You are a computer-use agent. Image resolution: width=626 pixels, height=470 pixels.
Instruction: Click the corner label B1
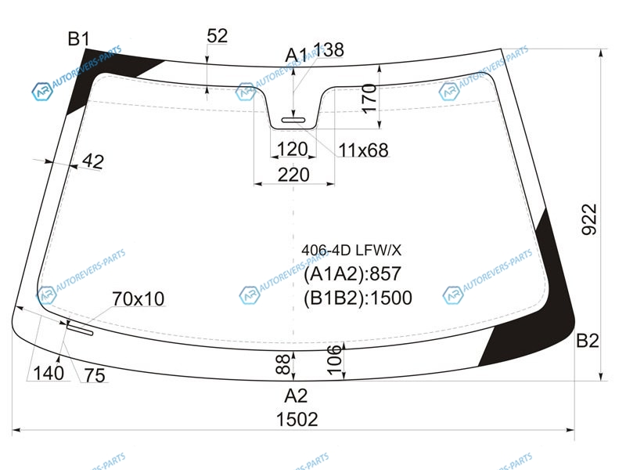pyautogui.click(x=79, y=39)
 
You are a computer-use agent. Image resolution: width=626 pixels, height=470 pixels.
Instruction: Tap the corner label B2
pyautogui.click(x=588, y=341)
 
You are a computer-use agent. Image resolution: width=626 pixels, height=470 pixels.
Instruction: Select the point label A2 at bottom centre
pyautogui.click(x=296, y=396)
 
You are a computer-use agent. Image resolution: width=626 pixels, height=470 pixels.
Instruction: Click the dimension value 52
pyautogui.click(x=218, y=36)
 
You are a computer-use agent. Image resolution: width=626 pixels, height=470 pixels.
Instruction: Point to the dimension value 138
pyautogui.click(x=329, y=50)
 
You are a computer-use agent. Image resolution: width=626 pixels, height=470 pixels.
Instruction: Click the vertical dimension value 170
pyautogui.click(x=369, y=99)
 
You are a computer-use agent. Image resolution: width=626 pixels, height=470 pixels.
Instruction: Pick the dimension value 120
pyautogui.click(x=293, y=150)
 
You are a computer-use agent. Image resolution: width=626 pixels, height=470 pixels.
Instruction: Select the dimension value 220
pyautogui.click(x=293, y=175)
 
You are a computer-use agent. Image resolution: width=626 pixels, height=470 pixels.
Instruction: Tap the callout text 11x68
pyautogui.click(x=363, y=150)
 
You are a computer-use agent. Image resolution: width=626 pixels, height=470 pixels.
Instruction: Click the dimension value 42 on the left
pyautogui.click(x=93, y=161)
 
